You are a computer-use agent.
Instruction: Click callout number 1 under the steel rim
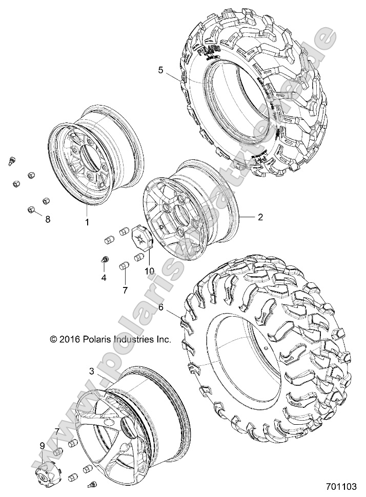[x=87, y=222]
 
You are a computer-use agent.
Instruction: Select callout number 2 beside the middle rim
[x=260, y=217]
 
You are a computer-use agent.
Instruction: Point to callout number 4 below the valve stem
[x=104, y=278]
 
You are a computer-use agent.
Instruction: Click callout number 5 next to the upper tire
[x=161, y=70]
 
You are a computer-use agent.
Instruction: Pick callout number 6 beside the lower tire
[x=161, y=308]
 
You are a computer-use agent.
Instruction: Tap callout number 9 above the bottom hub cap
[x=42, y=446]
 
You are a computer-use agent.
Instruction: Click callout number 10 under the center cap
[x=149, y=271]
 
